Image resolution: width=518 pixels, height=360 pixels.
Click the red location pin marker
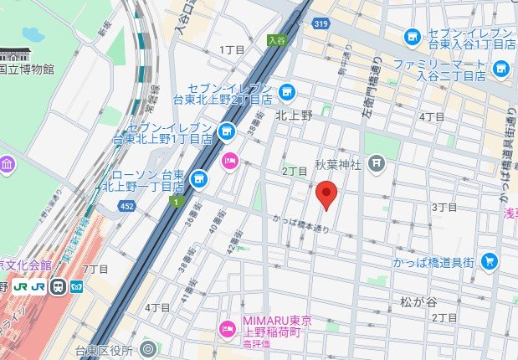326,195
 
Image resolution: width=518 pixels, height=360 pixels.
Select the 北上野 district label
294,116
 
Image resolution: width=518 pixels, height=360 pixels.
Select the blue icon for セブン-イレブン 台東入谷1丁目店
412,37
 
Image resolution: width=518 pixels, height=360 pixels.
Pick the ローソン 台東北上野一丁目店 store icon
198,177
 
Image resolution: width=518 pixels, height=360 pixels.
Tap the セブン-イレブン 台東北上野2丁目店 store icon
287,91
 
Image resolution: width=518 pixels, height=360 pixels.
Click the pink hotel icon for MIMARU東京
225,327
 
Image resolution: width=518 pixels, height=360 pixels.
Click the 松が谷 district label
418,300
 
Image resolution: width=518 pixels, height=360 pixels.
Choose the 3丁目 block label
444,206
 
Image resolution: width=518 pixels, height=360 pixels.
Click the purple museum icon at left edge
8,164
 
